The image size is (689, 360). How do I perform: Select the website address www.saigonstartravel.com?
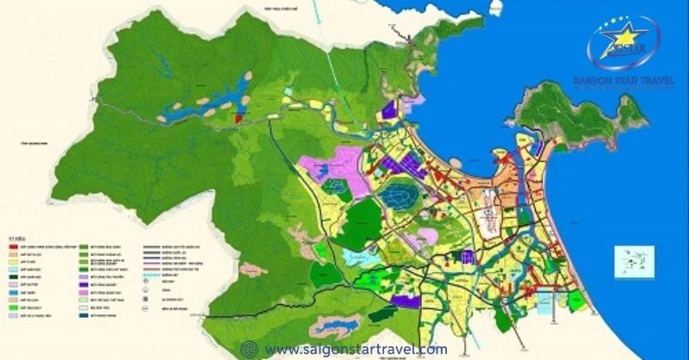coord(356,349)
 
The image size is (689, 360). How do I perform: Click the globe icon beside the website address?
coord(249,349)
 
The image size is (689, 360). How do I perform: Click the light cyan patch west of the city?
coord(355,257)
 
